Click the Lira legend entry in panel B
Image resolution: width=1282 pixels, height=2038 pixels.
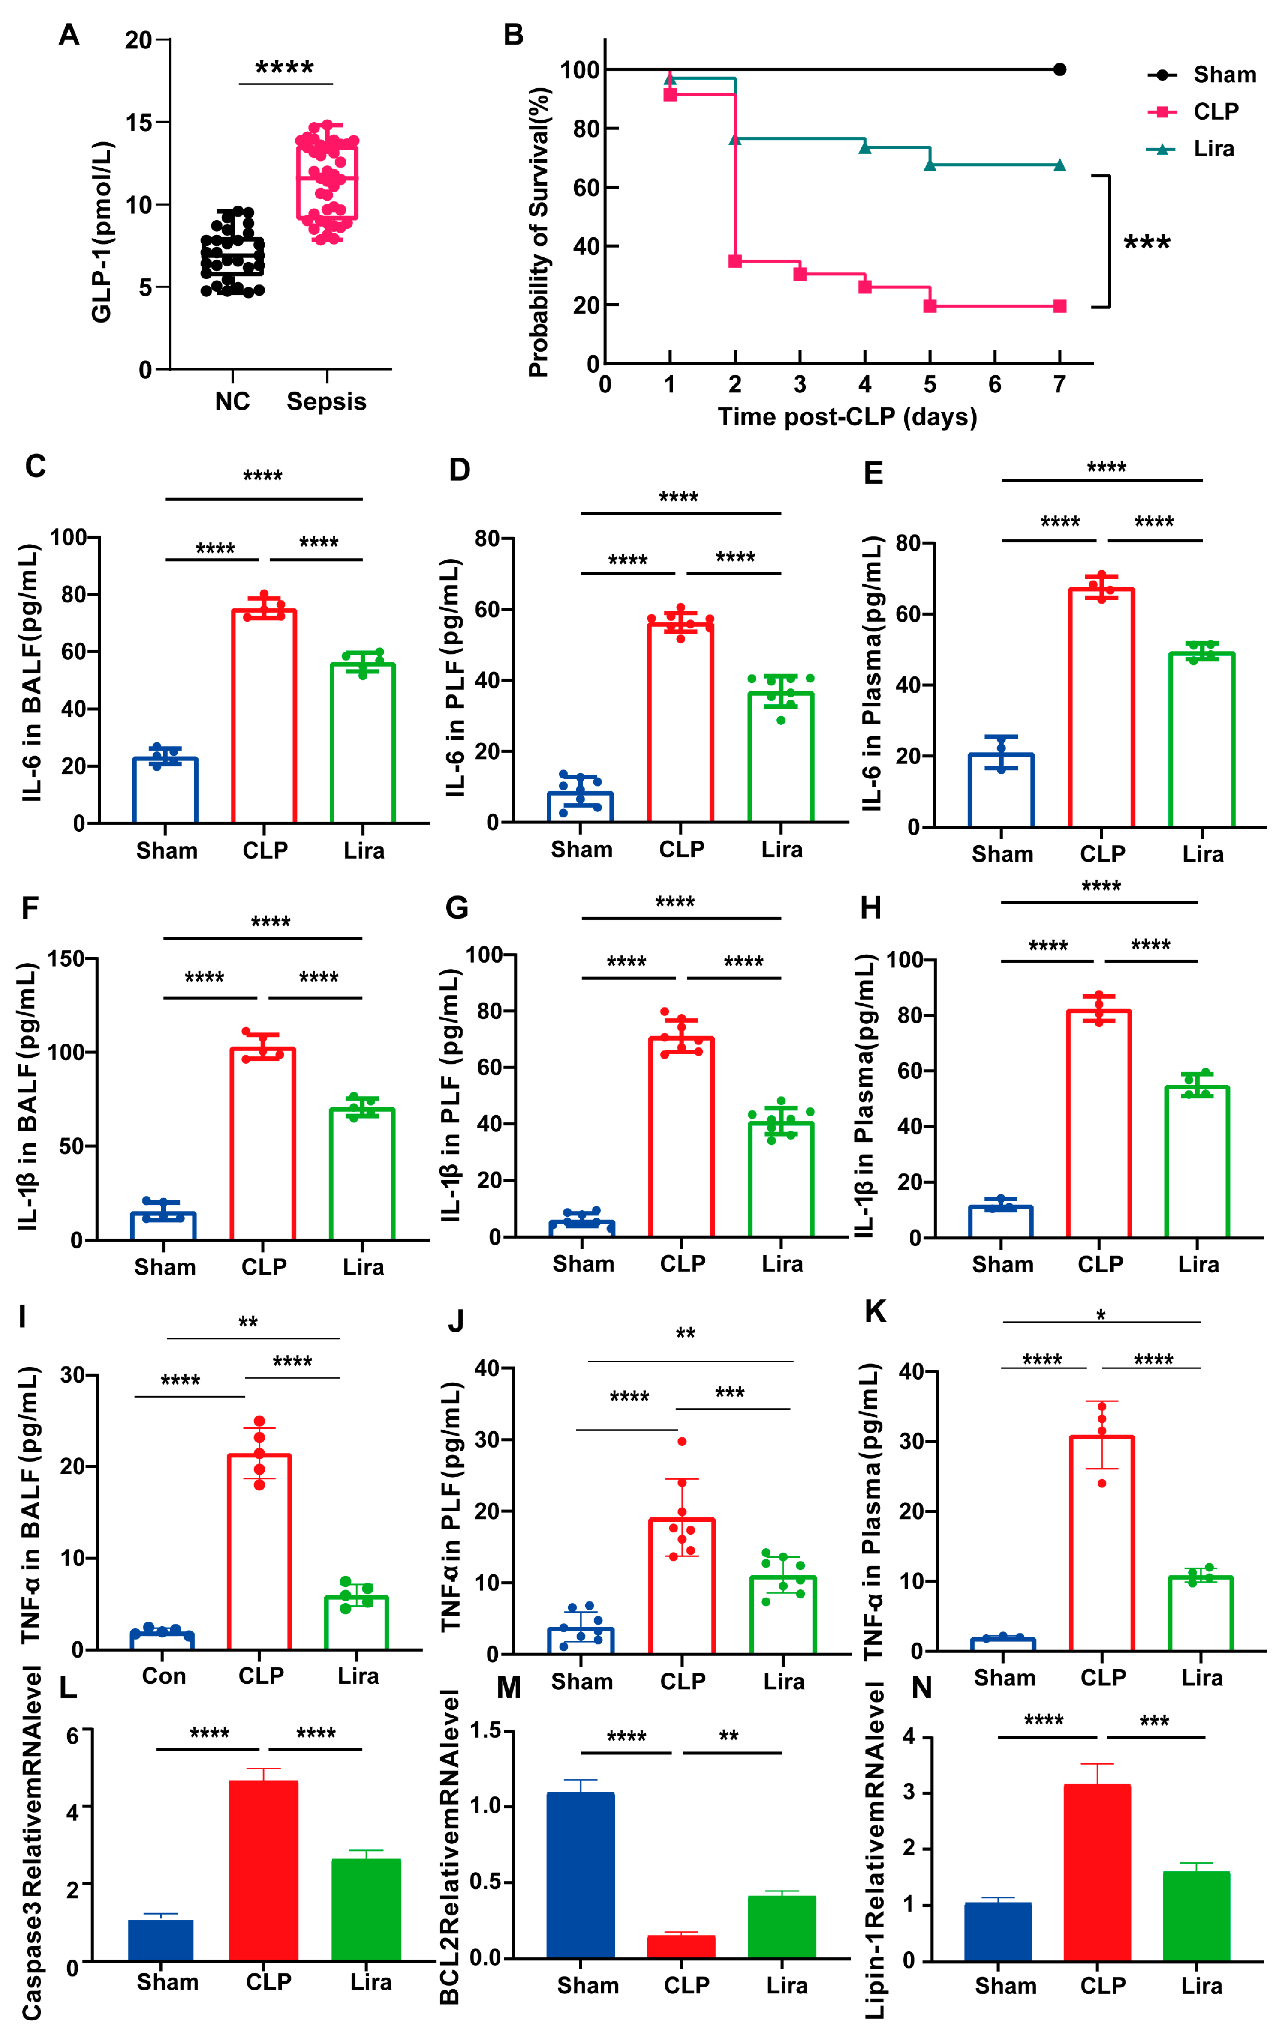pyautogui.click(x=1213, y=149)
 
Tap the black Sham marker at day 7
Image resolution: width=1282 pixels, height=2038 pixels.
pyautogui.click(x=1059, y=69)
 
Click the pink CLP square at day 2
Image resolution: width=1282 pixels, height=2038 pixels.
pyautogui.click(x=735, y=261)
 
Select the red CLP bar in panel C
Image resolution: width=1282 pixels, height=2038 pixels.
pyautogui.click(x=264, y=715)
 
